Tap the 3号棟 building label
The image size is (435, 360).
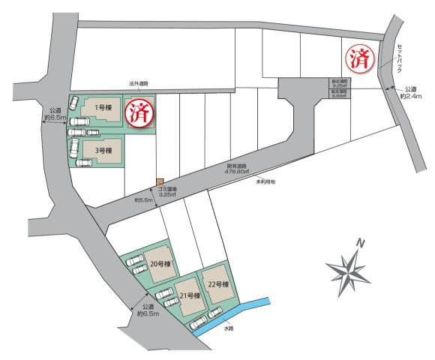pyautogui.click(x=104, y=150)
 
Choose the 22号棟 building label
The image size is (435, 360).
pyautogui.click(x=217, y=284)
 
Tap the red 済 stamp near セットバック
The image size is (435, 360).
pyautogui.click(x=358, y=58)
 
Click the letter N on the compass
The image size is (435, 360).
pyautogui.click(x=361, y=243)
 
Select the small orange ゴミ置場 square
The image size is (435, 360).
pyautogui.click(x=159, y=181)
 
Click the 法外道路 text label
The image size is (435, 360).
pyautogui.click(x=139, y=85)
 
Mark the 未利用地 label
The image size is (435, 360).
pyautogui.click(x=266, y=181)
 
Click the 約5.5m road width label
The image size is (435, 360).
pyautogui.click(x=143, y=200)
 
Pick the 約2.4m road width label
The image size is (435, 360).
pyautogui.click(x=413, y=96)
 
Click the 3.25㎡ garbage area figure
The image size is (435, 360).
pyautogui.click(x=166, y=195)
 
